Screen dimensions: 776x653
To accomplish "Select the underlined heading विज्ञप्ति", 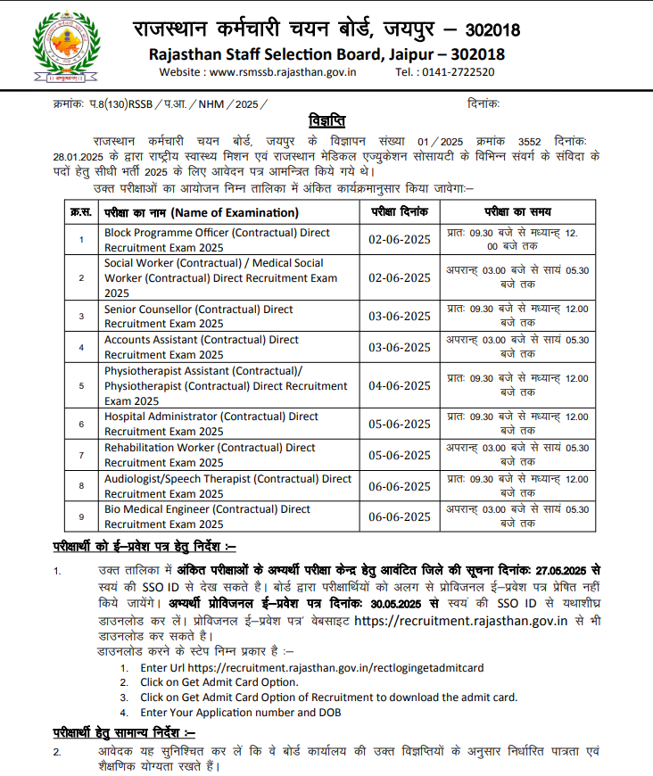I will tap(326, 120).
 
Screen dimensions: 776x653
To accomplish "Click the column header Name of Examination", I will tap(202, 212).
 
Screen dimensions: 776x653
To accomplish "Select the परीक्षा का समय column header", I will tap(517, 212).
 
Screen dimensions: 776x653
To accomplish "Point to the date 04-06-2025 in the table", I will tap(399, 385).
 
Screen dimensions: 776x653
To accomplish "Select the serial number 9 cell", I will tap(81, 516).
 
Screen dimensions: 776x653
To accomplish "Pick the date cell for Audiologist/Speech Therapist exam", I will tap(399, 486).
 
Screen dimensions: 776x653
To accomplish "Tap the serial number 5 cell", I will tap(81, 385).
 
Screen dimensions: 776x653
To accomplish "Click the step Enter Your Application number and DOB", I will tap(240, 713).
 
